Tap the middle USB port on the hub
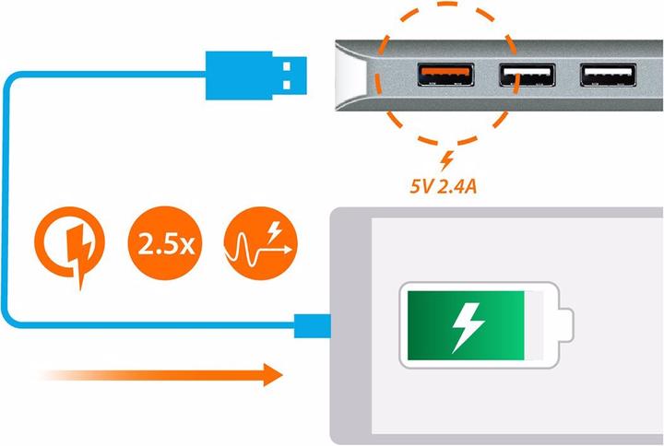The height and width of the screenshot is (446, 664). (527, 74)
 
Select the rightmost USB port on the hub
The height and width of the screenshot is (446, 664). (607, 74)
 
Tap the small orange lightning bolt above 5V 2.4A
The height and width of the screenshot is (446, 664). (447, 158)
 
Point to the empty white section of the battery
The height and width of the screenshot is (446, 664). (539, 324)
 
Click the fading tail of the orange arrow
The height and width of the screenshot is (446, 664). (65, 373)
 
